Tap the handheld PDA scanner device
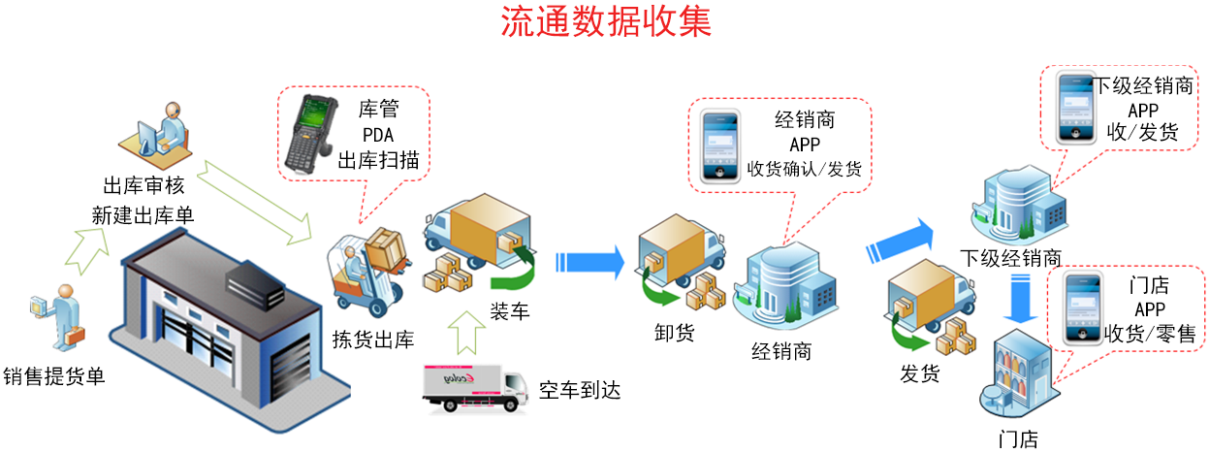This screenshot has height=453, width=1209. tap(310, 133)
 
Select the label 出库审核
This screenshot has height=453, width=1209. tap(148, 186)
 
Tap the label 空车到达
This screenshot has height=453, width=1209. tap(579, 391)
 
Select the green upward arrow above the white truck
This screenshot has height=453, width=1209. tap(467, 329)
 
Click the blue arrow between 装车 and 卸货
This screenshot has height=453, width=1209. tap(589, 262)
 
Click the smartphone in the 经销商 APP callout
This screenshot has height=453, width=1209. tap(720, 144)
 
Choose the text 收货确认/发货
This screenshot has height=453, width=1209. tap(805, 169)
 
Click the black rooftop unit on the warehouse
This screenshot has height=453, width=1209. tap(254, 284)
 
